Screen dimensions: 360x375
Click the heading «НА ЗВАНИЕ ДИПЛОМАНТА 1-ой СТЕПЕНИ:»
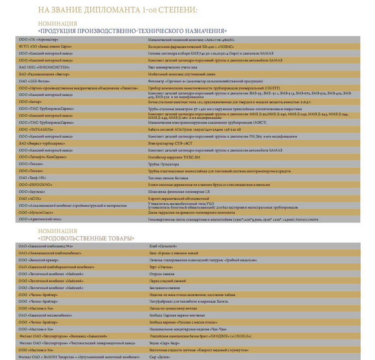pyautogui.click(x=117, y=10)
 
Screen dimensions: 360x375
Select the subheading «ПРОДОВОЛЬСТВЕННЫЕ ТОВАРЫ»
pyautogui.click(x=86, y=238)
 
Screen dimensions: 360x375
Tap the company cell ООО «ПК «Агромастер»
pyautogui.click(x=39, y=39)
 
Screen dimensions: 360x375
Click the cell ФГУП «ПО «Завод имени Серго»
pyautogui.click(x=45, y=46)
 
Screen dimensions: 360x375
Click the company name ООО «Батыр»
pyautogui.click(x=30, y=102)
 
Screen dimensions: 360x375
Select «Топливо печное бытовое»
pyautogui.click(x=168, y=178)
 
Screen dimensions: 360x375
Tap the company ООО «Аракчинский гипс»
pyautogui.click(x=40, y=219)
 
